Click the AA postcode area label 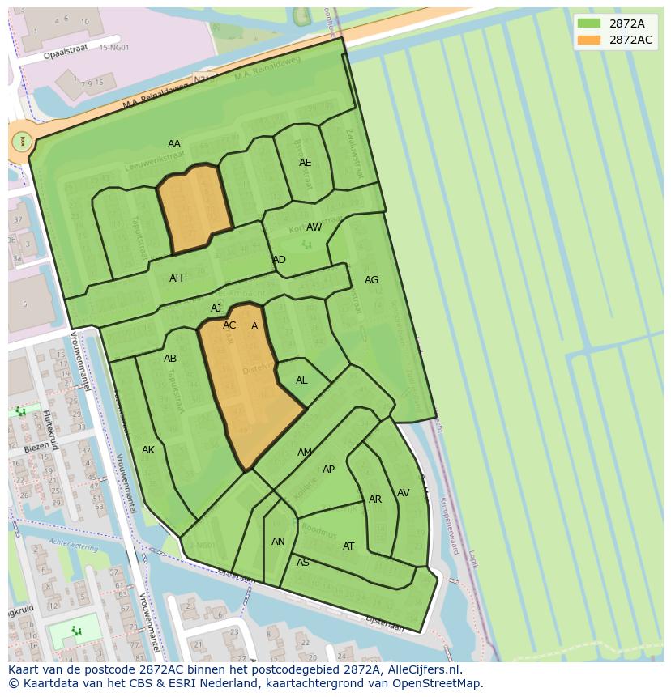pyautogui.click(x=174, y=144)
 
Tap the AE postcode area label pyautogui.click(x=305, y=163)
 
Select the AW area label pyautogui.click(x=314, y=227)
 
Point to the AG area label pyautogui.click(x=371, y=280)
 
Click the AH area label pyautogui.click(x=176, y=278)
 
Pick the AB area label pyautogui.click(x=170, y=359)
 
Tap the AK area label pyautogui.click(x=148, y=450)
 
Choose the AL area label pyautogui.click(x=301, y=380)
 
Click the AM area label pyautogui.click(x=305, y=453)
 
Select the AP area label pyautogui.click(x=328, y=470)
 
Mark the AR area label pyautogui.click(x=375, y=499)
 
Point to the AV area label pyautogui.click(x=403, y=493)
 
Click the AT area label pyautogui.click(x=348, y=546)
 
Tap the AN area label pyautogui.click(x=278, y=542)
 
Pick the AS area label pyautogui.click(x=303, y=563)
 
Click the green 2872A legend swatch pyautogui.click(x=590, y=23)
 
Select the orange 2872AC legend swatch pyautogui.click(x=590, y=40)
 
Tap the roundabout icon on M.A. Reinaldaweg pyautogui.click(x=23, y=142)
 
